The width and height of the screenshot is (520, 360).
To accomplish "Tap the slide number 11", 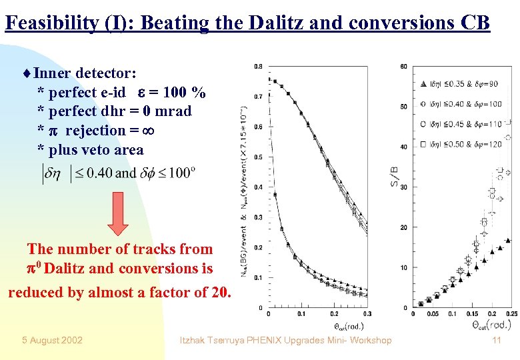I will click(495, 340).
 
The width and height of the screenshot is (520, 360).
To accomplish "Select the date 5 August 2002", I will click(52, 340).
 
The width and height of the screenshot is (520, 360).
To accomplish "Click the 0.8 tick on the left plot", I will click(257, 66).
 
